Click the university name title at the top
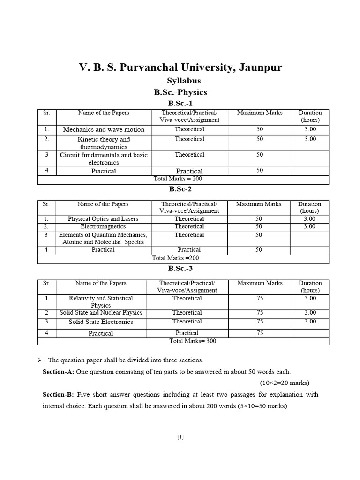[x=180, y=68]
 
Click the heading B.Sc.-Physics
[x=180, y=92]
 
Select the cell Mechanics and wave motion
[x=104, y=129]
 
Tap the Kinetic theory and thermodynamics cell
[x=104, y=143]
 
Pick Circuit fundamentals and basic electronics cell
[x=104, y=158]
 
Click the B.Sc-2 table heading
[x=180, y=189]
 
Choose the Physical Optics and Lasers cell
[x=103, y=219]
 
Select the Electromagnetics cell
[x=103, y=226]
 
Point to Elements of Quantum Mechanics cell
[x=103, y=238]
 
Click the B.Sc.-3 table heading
[x=180, y=269]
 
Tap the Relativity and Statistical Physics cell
[x=101, y=301]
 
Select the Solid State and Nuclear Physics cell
[x=101, y=313]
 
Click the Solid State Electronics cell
[x=101, y=322]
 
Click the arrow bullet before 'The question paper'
[x=40, y=360]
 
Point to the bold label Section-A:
[x=58, y=371]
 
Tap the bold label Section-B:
[x=58, y=394]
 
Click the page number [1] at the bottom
[x=180, y=437]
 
